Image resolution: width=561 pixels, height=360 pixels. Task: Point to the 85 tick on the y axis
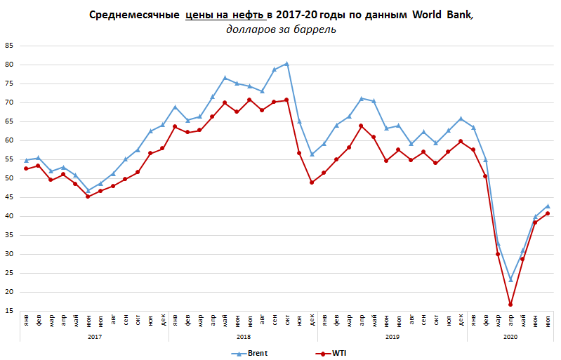point(9,46)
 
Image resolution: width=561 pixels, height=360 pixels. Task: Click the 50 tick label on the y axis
point(9,178)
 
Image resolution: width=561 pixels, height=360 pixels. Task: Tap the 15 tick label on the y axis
point(9,311)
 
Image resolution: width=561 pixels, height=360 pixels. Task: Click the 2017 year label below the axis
point(93,338)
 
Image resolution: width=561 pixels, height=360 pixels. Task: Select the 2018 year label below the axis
point(243,338)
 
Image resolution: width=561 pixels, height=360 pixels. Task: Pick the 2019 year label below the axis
point(392,338)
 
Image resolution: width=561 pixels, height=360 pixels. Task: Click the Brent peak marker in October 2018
point(286,64)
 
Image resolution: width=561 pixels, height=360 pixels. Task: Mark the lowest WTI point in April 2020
point(510,305)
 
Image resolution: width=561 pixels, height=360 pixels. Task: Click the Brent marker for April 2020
point(510,279)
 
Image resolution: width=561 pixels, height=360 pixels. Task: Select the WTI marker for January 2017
point(25,168)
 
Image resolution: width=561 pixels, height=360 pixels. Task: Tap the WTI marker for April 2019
point(361,126)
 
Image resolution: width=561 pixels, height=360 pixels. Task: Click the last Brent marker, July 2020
point(548,206)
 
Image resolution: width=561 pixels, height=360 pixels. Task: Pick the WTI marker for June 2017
point(88,196)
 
